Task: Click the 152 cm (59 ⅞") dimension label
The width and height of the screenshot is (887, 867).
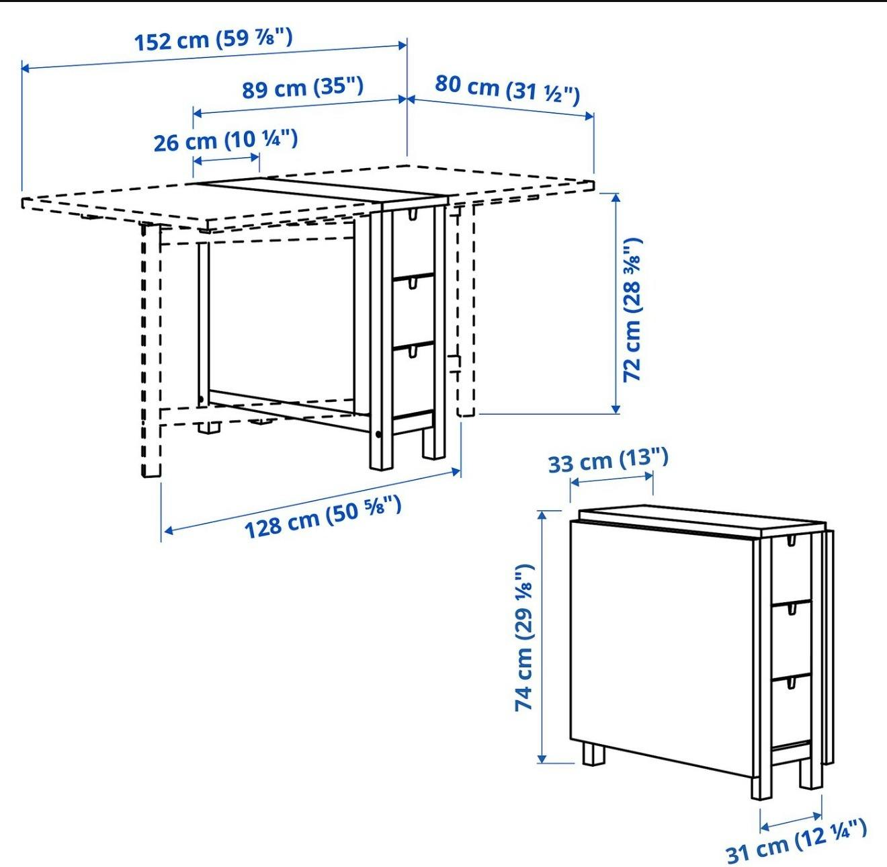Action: point(213,40)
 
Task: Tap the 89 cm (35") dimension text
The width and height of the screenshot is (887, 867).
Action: point(302,87)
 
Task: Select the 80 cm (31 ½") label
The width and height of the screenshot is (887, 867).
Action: point(507,90)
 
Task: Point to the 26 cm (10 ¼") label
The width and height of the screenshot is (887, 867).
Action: point(226,140)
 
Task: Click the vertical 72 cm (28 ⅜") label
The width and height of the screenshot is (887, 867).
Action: point(633,310)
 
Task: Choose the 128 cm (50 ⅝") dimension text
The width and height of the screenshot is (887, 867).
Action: point(323,517)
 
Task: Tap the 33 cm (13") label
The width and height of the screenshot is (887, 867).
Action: point(608,461)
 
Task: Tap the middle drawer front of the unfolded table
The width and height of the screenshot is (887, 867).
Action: point(413,311)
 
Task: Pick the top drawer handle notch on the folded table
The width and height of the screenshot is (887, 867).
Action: point(792,540)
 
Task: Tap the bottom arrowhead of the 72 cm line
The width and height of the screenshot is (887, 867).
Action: point(616,409)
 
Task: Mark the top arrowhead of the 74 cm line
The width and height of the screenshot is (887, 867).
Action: point(542,515)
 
